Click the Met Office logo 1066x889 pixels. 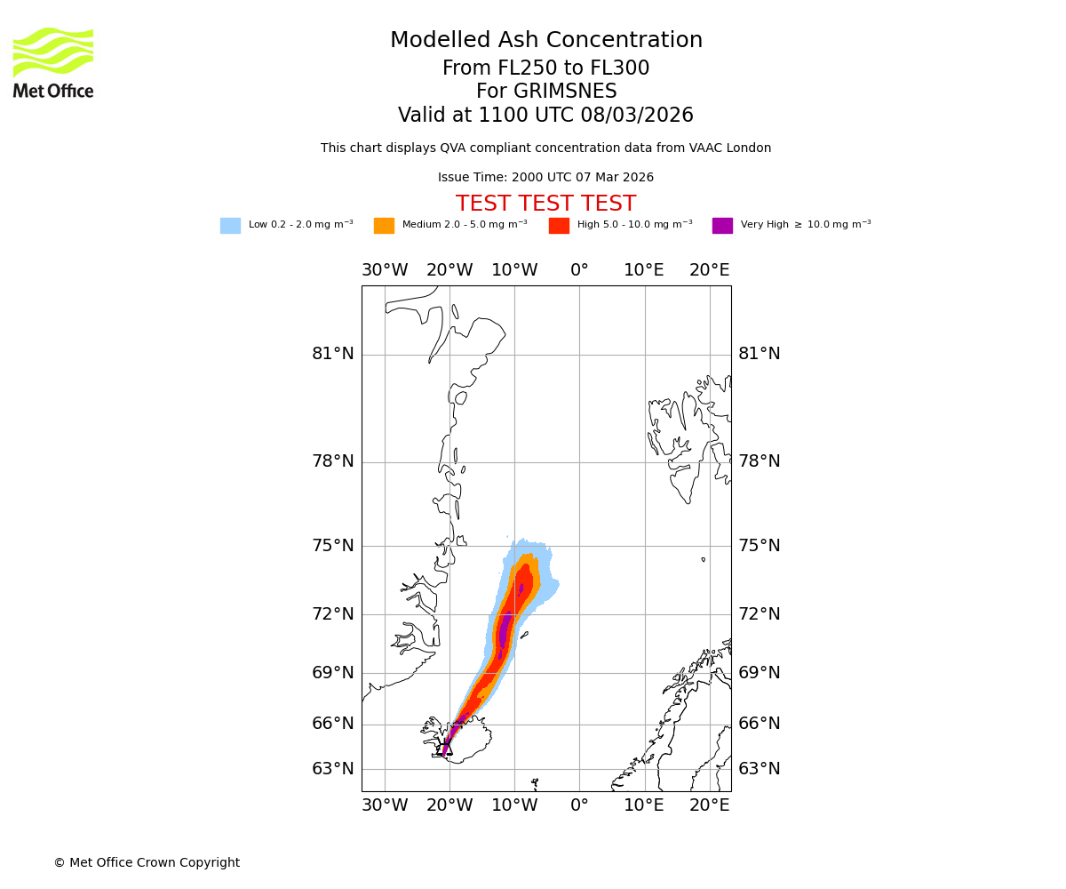pos(53,62)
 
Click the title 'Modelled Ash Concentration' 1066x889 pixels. pos(546,41)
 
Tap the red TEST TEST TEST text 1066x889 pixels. pos(545,204)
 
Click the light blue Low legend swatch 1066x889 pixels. pos(230,226)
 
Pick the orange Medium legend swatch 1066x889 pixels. pos(384,226)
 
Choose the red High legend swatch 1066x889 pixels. pos(559,226)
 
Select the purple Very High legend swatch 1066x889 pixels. pos(722,226)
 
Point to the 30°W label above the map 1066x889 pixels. pos(385,270)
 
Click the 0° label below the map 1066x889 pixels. pos(579,805)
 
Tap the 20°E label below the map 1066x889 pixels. pos(710,805)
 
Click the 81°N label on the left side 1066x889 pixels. pos(333,354)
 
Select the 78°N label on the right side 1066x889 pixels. pos(760,461)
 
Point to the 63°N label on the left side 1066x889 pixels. pos(333,769)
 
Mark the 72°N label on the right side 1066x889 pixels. pos(760,614)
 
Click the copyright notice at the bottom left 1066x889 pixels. pos(147,863)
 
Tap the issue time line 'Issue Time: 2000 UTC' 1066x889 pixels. pos(545,178)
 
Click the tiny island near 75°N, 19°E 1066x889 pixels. pos(703,559)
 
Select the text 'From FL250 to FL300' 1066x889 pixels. pos(545,68)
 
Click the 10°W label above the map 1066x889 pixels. pos(514,270)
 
